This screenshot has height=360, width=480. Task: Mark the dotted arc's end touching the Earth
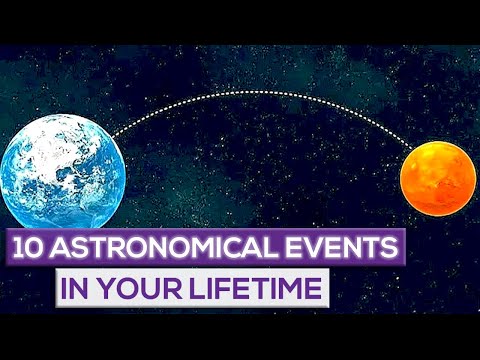pos(111,136)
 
